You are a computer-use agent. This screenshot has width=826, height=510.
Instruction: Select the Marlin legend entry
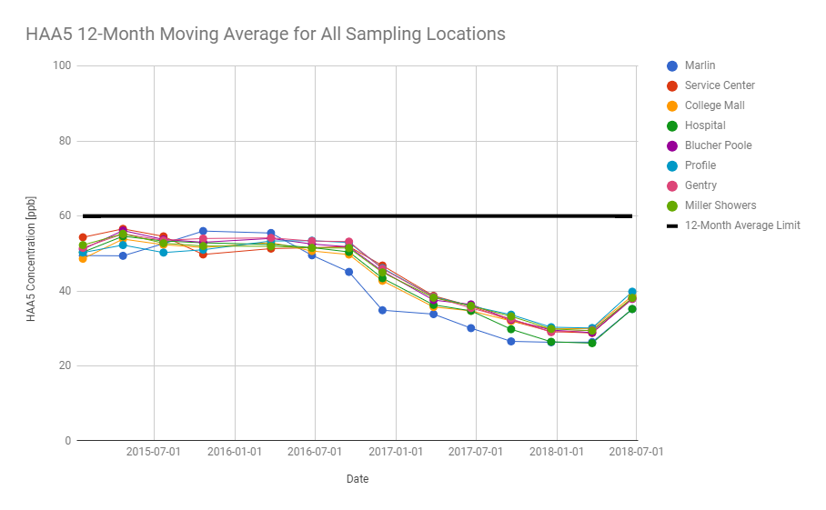click(x=700, y=65)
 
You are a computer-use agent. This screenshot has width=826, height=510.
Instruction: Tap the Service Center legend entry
click(x=720, y=85)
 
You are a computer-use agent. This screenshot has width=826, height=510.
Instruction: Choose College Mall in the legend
click(x=714, y=105)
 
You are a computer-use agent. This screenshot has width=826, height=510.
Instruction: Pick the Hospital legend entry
click(x=705, y=125)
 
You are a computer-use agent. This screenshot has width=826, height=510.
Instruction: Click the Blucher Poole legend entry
click(x=718, y=145)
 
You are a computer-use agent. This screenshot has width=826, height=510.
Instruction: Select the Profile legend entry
click(x=700, y=165)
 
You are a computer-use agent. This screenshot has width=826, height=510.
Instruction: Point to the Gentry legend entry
click(x=700, y=185)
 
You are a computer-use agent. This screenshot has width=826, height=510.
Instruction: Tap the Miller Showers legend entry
click(x=720, y=205)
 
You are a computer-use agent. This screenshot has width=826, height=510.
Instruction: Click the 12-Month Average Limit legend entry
click(x=741, y=225)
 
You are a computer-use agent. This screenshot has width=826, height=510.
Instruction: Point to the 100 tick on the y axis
click(x=63, y=66)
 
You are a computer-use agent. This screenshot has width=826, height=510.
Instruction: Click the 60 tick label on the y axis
click(x=65, y=216)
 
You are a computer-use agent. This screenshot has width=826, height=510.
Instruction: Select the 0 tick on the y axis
click(x=68, y=441)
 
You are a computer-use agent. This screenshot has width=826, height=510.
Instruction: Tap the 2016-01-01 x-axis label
click(x=234, y=452)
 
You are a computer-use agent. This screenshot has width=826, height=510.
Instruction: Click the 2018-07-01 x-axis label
click(x=635, y=452)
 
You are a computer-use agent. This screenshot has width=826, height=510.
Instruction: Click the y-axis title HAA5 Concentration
click(x=31, y=255)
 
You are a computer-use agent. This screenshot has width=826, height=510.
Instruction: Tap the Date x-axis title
click(x=357, y=478)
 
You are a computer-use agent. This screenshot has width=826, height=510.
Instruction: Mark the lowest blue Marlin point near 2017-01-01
click(x=382, y=310)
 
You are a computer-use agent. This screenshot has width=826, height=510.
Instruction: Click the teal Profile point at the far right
click(x=632, y=292)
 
